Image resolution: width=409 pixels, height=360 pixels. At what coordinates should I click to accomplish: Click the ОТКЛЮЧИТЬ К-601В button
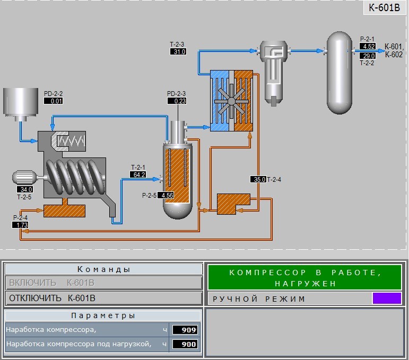[103, 298]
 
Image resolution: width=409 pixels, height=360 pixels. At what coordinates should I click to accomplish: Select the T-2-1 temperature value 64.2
[138, 174]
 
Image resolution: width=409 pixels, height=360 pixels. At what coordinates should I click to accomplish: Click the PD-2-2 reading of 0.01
[53, 101]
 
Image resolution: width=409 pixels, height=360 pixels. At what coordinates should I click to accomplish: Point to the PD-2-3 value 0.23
[177, 101]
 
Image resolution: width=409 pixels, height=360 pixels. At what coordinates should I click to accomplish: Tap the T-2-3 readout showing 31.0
[178, 51]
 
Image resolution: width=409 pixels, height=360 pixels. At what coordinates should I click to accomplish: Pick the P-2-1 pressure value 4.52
[368, 46]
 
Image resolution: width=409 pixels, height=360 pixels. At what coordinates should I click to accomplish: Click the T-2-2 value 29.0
[368, 56]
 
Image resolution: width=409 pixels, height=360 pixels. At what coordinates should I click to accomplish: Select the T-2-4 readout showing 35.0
[258, 179]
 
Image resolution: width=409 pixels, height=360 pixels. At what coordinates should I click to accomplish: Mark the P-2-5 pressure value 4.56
[166, 195]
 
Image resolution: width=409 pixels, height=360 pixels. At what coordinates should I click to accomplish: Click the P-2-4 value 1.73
[20, 225]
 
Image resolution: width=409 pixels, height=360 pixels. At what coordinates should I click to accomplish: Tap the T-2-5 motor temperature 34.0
[25, 189]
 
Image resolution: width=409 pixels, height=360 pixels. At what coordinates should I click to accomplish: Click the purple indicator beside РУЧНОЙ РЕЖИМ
[387, 298]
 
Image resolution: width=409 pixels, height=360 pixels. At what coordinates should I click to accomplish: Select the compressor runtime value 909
[185, 330]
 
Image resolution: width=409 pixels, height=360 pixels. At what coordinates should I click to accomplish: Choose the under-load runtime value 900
[185, 344]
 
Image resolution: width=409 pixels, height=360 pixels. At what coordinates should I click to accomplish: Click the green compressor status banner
[304, 277]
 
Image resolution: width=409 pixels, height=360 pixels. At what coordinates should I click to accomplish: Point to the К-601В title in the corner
[384, 7]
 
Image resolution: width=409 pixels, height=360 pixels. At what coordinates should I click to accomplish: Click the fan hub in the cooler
[231, 101]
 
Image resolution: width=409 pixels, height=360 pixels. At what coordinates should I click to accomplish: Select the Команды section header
[103, 269]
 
